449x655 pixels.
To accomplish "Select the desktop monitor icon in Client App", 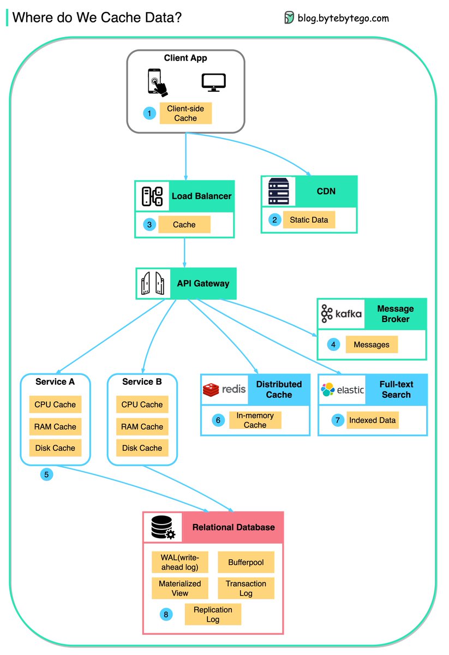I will (x=213, y=82).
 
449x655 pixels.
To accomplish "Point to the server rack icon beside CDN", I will (x=278, y=191).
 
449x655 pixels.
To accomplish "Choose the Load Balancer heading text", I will (x=201, y=196).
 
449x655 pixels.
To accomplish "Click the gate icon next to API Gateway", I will (x=152, y=283).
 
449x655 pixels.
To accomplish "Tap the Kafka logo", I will (x=341, y=314).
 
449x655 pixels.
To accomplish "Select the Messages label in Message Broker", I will (x=372, y=344).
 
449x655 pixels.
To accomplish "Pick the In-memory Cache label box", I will (x=255, y=420).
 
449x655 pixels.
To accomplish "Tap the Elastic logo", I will (x=343, y=390).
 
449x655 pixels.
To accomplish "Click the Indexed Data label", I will (x=373, y=420).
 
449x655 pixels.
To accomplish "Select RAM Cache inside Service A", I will (x=55, y=426).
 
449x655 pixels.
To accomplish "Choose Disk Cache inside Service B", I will (x=142, y=448).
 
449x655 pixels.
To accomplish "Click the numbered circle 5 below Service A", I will (x=46, y=474).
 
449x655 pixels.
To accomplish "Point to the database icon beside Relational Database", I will (x=162, y=527).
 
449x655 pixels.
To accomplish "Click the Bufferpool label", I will (x=246, y=562).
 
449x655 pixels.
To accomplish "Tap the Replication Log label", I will (x=213, y=614).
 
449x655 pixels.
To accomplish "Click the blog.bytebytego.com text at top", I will (x=343, y=18).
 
